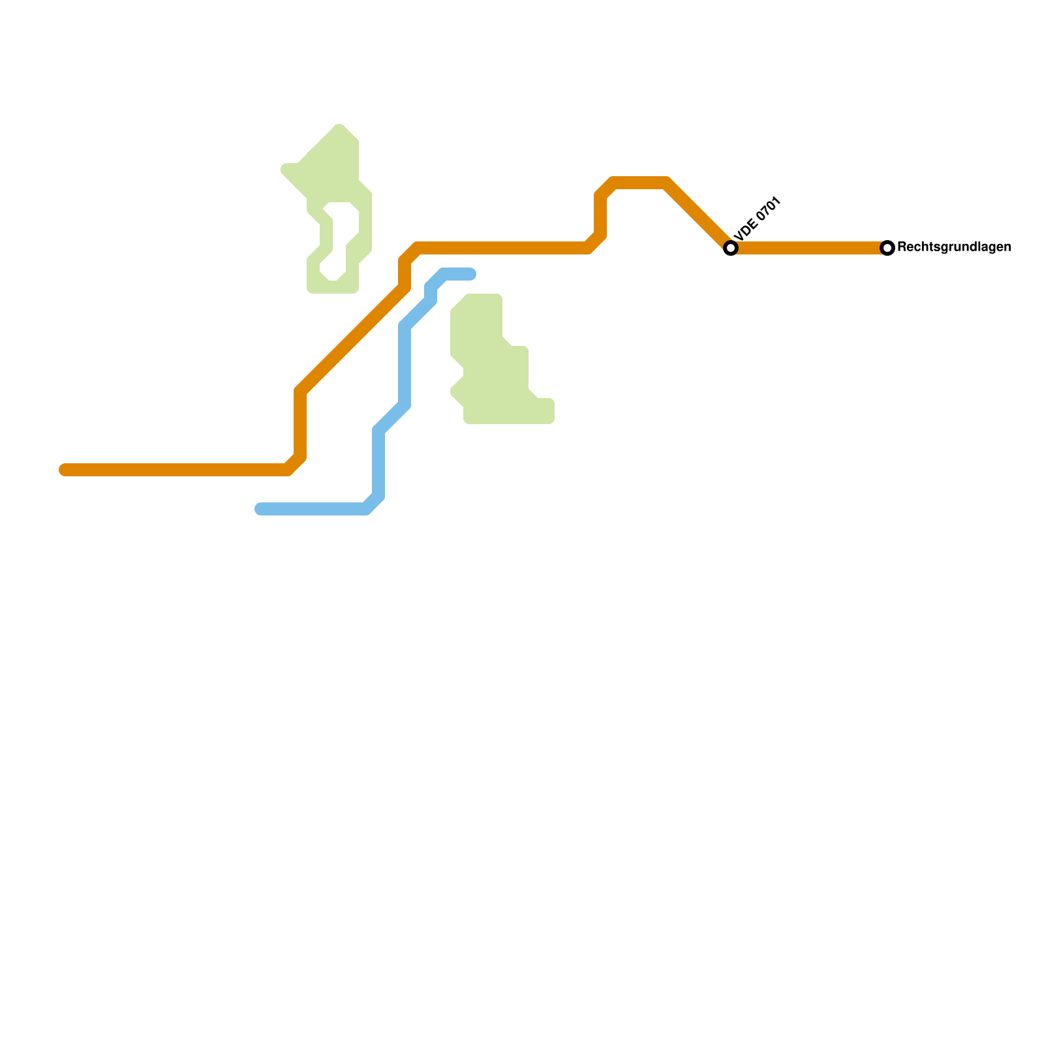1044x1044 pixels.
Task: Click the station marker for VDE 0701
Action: pos(731,248)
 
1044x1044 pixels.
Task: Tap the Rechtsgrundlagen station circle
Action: pos(887,248)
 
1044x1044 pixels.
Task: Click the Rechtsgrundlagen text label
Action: pos(954,247)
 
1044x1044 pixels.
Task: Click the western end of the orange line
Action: pos(64,470)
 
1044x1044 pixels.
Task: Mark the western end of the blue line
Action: pos(260,509)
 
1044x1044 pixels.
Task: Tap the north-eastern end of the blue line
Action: pos(471,274)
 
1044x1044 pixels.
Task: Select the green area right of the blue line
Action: pos(489,365)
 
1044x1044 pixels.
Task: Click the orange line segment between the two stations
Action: pos(809,248)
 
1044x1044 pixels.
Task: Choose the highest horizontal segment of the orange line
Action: pos(639,183)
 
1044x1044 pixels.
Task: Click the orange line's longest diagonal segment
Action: pos(352,339)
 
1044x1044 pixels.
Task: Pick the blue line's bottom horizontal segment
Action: pos(313,509)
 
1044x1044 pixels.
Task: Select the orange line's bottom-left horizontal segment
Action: pos(176,470)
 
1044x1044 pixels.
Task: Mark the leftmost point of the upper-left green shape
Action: pos(283,170)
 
